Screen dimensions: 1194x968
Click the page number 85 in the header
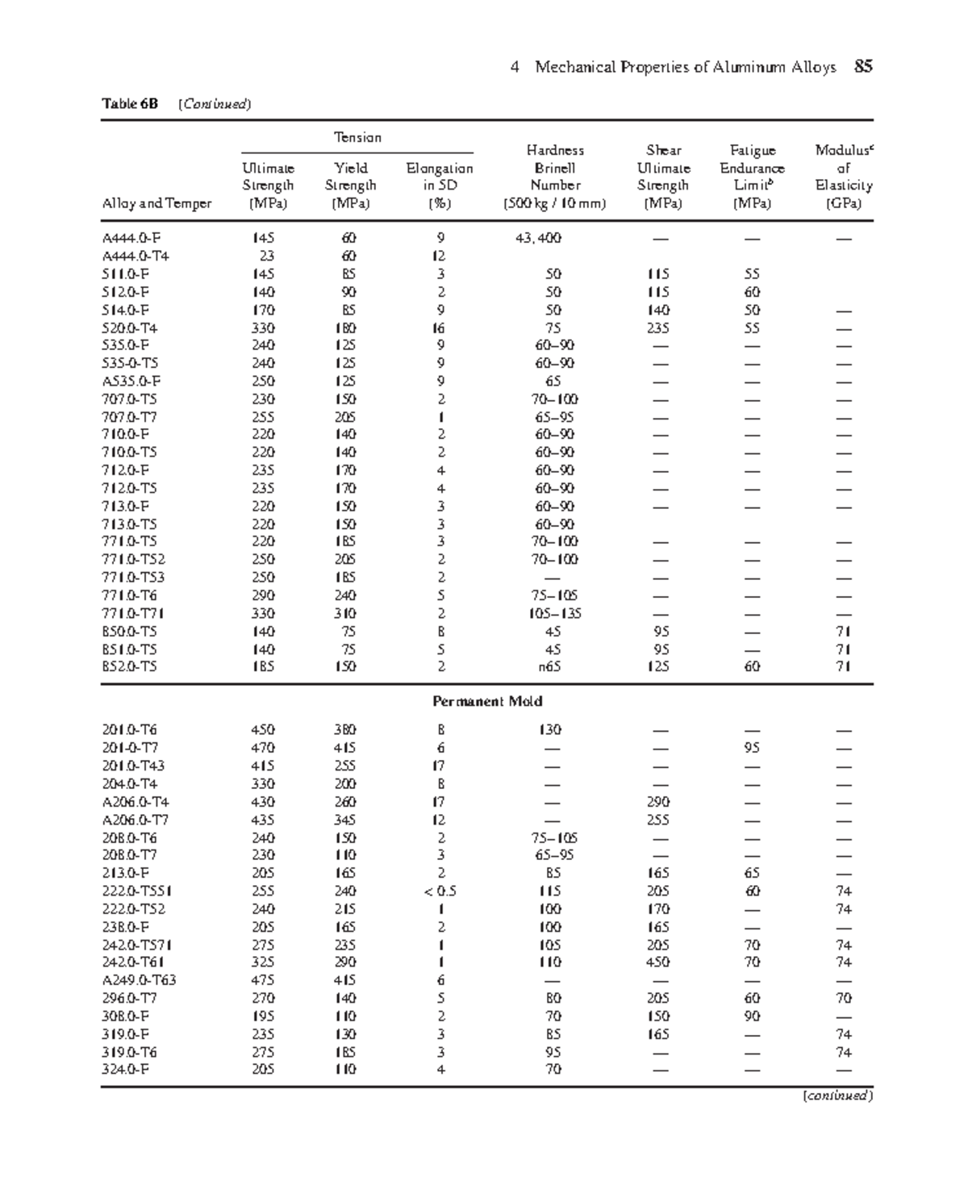coord(863,67)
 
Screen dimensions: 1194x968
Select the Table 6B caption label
coord(130,103)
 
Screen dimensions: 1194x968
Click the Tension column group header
coord(357,137)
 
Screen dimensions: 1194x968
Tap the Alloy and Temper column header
coord(156,203)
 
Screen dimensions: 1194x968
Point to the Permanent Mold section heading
coord(487,701)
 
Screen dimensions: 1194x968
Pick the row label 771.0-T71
coord(134,613)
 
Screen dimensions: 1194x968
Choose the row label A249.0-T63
coord(139,980)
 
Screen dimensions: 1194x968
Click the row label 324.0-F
coord(125,1070)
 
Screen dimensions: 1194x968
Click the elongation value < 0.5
coord(440,891)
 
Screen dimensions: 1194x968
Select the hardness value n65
coord(549,666)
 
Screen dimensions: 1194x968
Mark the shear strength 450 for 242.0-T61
coord(658,962)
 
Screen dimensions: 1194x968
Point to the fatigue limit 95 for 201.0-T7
coord(752,748)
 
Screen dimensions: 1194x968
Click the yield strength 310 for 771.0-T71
coord(345,613)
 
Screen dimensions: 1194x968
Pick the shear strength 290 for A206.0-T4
coord(658,802)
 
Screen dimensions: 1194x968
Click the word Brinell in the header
coord(555,168)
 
